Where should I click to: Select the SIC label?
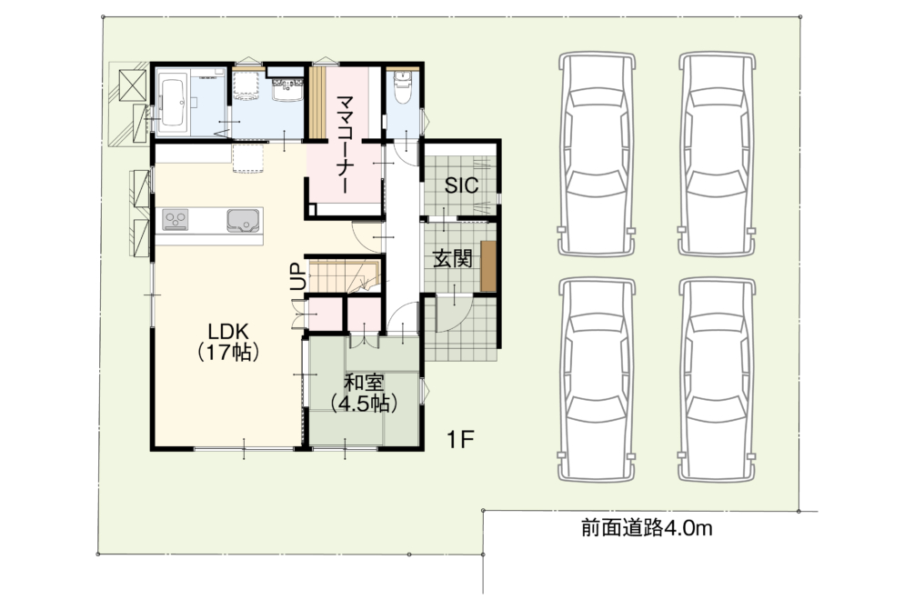461,185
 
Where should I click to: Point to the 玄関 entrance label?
452,259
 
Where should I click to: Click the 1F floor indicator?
460,439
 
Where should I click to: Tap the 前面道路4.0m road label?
647,528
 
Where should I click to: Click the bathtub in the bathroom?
174,103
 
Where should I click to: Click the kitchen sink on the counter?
243,220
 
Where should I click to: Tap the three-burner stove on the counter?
176,220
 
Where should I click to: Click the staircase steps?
344,275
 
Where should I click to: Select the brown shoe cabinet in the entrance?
488,265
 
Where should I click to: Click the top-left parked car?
597,155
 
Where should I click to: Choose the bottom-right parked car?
717,380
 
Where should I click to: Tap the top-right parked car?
717,155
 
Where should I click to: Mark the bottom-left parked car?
597,380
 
